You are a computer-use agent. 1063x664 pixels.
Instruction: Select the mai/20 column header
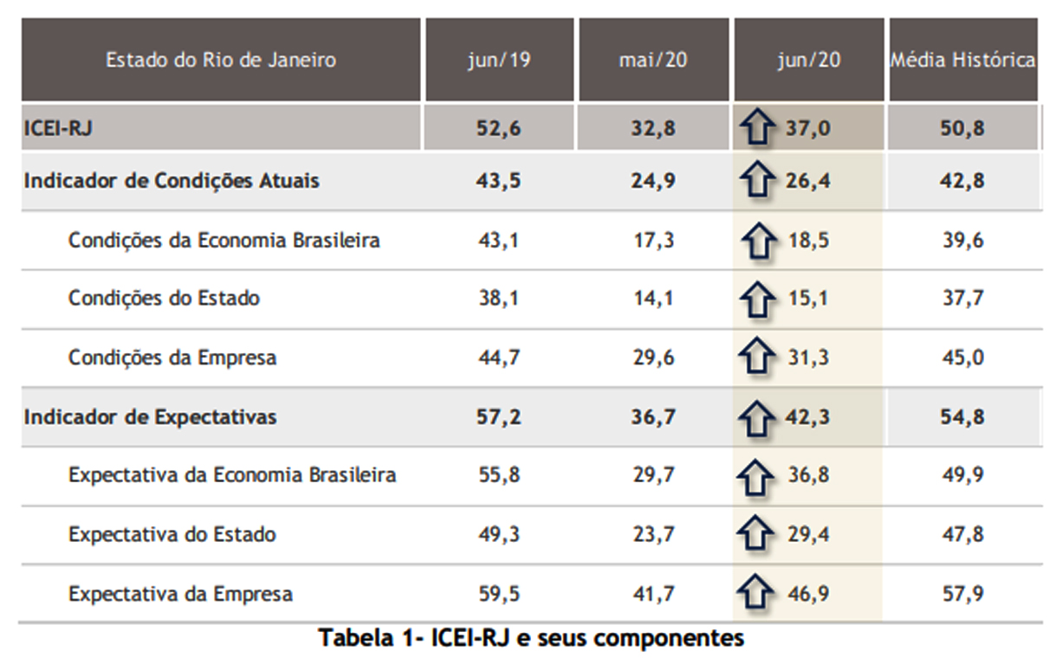coord(653,61)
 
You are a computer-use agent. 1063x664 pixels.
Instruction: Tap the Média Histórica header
coord(963,61)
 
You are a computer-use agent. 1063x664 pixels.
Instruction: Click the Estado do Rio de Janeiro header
coord(221,61)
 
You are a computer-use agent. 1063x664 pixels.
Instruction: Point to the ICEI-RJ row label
coord(58,129)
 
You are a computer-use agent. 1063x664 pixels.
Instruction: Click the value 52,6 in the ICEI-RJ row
coord(498,129)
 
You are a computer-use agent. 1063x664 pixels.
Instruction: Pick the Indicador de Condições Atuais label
coord(172,181)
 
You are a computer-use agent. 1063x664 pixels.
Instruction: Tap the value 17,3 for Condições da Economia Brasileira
coord(653,240)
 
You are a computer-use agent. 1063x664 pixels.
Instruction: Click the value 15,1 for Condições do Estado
coord(808,299)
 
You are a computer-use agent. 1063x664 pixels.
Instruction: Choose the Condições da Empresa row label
coord(172,358)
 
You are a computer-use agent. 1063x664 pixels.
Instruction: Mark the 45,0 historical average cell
coord(963,358)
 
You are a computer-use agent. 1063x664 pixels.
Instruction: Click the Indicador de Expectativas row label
coord(150,417)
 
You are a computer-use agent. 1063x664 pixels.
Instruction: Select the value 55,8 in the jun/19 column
coord(498,475)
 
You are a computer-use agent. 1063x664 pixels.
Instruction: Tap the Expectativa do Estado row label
coord(172,534)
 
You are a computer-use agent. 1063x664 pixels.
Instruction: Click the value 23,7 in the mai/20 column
coord(653,534)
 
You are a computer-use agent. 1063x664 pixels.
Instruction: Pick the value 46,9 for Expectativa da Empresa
coord(808,594)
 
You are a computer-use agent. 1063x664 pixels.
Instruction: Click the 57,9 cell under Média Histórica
coord(963,594)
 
